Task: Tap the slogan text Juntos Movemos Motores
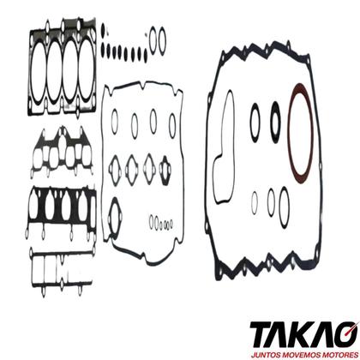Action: (x=304, y=355)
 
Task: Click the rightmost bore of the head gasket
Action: (x=80, y=71)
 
